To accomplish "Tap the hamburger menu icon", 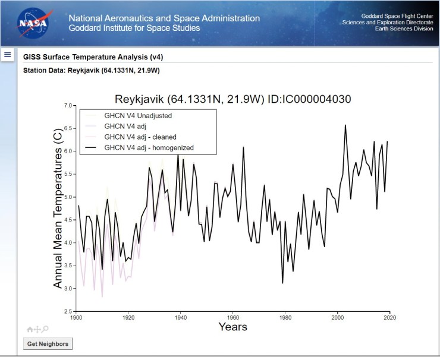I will tap(8, 55).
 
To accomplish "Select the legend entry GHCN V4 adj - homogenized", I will tap(149, 147).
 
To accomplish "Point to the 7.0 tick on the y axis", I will tap(67, 106).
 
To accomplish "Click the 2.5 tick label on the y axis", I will tap(67, 311).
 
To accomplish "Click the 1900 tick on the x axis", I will tap(76, 318).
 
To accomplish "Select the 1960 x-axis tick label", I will tap(232, 318).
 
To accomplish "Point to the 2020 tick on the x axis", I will tap(389, 318).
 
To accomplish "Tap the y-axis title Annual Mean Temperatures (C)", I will tap(58, 209).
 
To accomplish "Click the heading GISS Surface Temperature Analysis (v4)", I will tap(93, 58).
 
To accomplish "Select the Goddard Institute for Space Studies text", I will tap(134, 28).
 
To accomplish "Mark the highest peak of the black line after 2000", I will tap(345, 125).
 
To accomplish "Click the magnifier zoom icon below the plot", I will tap(45, 329).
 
